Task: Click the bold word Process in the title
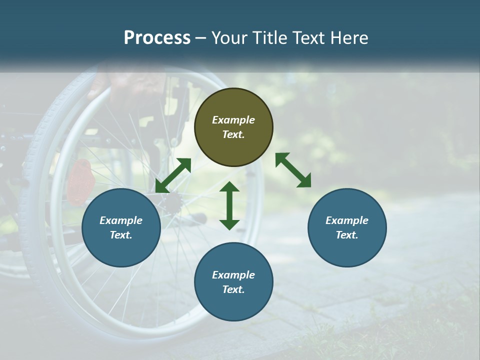click(x=157, y=38)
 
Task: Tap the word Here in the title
click(x=349, y=38)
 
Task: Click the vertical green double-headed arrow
click(x=229, y=205)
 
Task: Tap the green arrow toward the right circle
click(x=293, y=170)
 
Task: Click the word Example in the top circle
click(x=233, y=120)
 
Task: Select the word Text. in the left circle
click(x=121, y=235)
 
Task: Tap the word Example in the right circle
click(x=347, y=220)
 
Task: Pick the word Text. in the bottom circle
click(x=233, y=289)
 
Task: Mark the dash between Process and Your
click(x=200, y=38)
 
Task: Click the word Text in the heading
click(x=304, y=38)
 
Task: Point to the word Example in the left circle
click(x=121, y=220)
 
